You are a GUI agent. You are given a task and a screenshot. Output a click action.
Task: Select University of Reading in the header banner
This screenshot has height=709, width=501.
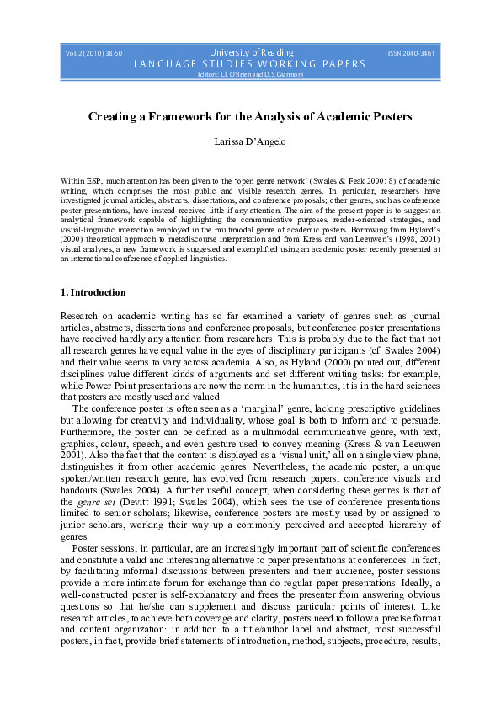pos(251,52)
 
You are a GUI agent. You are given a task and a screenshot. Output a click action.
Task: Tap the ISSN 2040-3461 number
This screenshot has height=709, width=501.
pos(411,53)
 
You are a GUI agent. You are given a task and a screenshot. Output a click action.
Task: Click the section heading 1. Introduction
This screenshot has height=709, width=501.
pos(94,292)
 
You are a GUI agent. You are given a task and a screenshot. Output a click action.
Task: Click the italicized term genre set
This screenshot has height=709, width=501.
pos(78,499)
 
